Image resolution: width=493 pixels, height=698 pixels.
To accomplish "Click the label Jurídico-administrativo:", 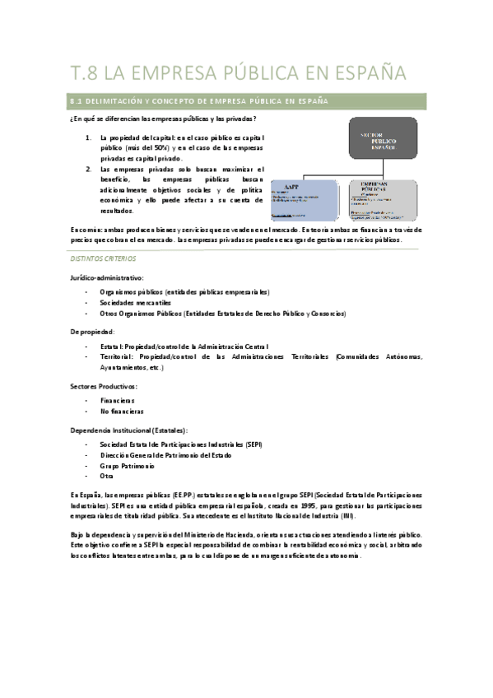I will pyautogui.click(x=108, y=277).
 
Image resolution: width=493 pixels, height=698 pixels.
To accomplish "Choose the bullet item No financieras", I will pyautogui.click(x=122, y=411).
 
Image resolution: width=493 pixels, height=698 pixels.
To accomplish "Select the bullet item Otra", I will pyautogui.click(x=106, y=476).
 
